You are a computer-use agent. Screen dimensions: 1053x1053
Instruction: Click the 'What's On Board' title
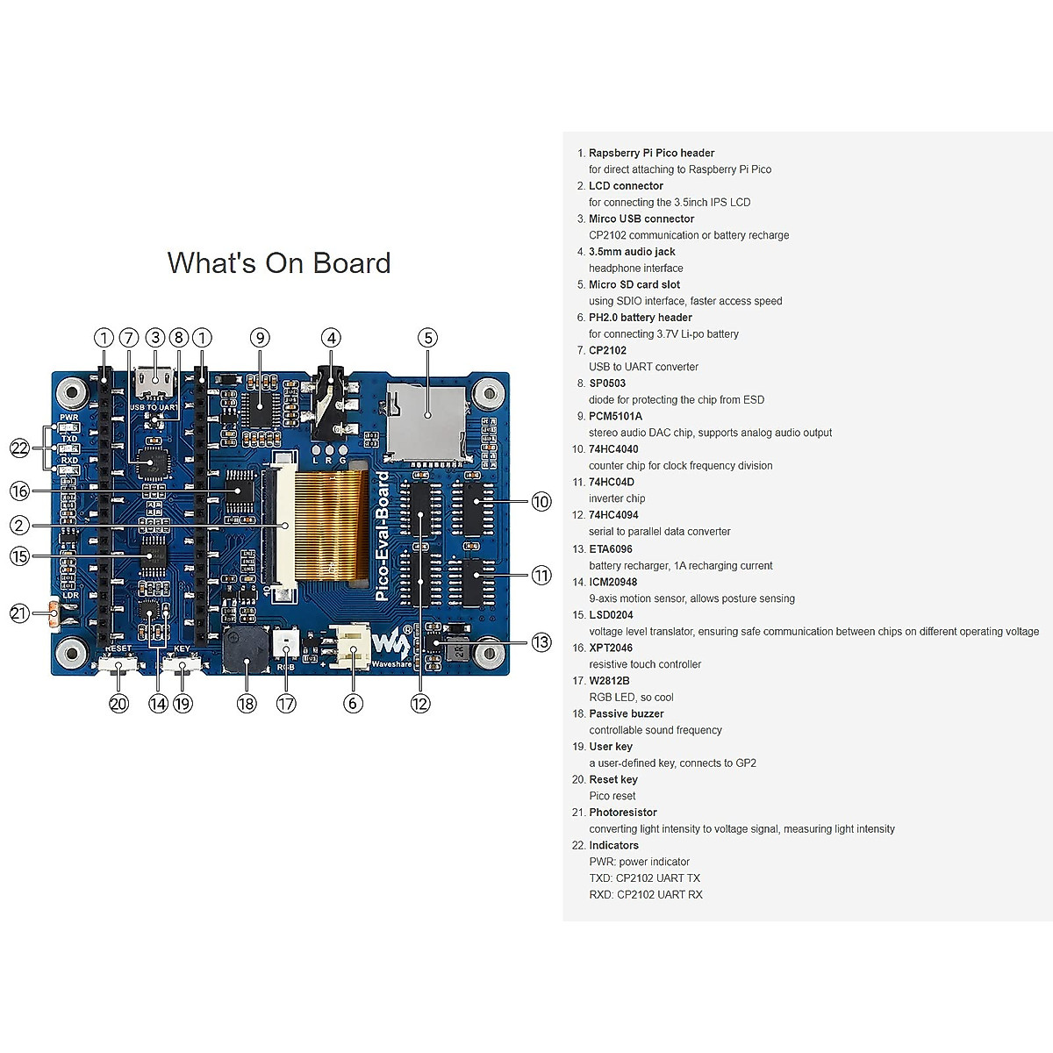[279, 263]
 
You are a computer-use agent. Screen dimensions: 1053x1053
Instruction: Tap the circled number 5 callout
[427, 338]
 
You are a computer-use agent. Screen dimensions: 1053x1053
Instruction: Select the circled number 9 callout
[259, 338]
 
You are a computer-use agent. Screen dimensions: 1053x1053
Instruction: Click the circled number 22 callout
[19, 448]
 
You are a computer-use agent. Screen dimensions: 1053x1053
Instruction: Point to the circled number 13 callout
[541, 641]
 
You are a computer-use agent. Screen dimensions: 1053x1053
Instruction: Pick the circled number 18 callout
[247, 703]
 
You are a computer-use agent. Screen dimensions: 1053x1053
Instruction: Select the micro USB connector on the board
[155, 383]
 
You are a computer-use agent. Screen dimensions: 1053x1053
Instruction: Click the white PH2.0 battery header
[353, 648]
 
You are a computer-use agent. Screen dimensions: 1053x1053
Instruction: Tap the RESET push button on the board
[118, 666]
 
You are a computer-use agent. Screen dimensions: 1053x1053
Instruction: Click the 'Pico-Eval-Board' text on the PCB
[383, 536]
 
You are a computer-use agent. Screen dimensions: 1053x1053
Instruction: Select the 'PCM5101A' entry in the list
[615, 416]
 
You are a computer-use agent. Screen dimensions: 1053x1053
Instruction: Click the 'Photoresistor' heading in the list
[623, 813]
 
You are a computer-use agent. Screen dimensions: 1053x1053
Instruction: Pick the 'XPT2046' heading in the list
[611, 648]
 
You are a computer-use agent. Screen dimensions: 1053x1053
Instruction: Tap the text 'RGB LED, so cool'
[631, 697]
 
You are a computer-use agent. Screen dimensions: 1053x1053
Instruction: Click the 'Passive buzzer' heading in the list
[627, 713]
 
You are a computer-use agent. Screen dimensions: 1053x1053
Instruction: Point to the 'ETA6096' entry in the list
[611, 549]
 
